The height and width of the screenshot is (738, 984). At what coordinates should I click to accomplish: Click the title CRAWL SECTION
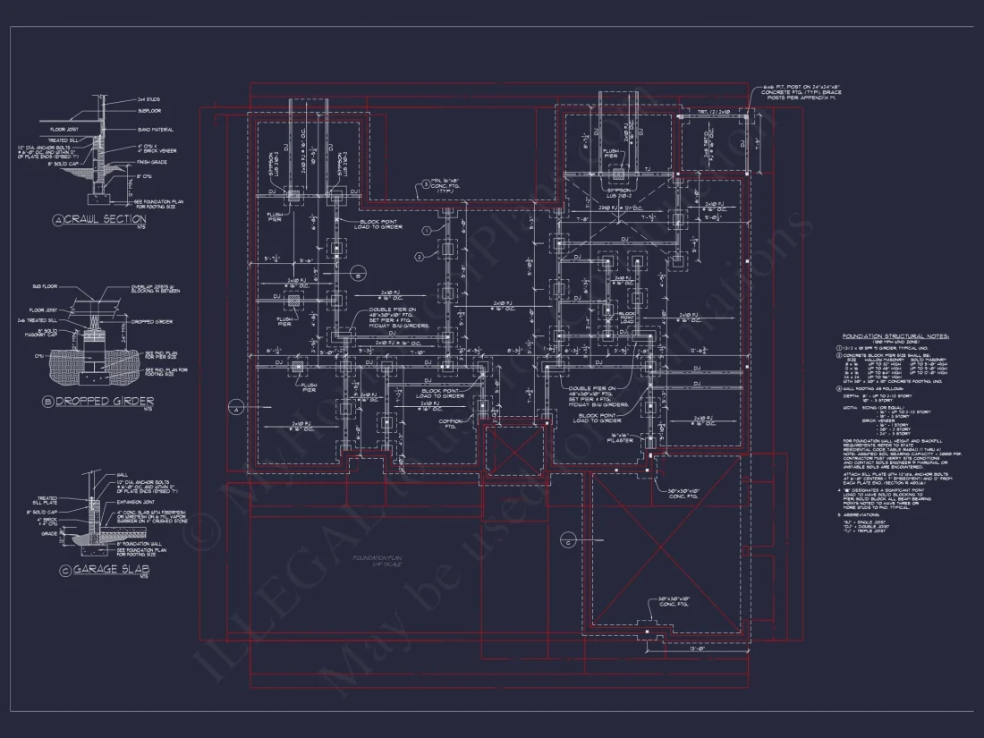(106, 219)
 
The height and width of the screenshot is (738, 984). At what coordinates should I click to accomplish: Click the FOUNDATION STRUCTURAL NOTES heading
(895, 336)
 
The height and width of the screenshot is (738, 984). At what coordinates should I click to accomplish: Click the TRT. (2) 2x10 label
(716, 113)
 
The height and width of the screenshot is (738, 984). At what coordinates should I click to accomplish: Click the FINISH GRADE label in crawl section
(153, 162)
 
